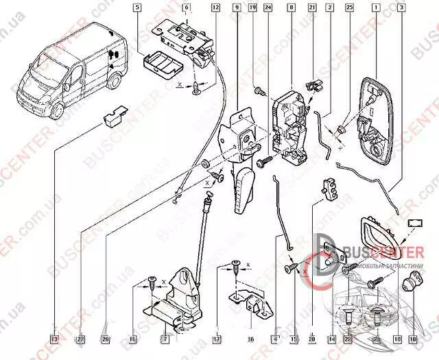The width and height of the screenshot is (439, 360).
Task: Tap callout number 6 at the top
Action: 186,8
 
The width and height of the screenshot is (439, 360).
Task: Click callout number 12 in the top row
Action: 215,8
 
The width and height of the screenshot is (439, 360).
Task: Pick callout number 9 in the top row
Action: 237,8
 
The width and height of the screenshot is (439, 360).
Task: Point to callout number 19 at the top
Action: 252,8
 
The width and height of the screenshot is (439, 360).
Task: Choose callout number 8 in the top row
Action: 292,8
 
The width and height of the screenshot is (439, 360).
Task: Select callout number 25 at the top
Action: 349,8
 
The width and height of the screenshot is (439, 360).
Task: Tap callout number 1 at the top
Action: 376,8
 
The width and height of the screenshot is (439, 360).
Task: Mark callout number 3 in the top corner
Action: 400,8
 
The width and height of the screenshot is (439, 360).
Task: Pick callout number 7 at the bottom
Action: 165,338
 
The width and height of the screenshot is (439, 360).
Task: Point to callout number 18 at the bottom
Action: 413,338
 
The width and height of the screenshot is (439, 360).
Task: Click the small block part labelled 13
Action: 112,117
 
